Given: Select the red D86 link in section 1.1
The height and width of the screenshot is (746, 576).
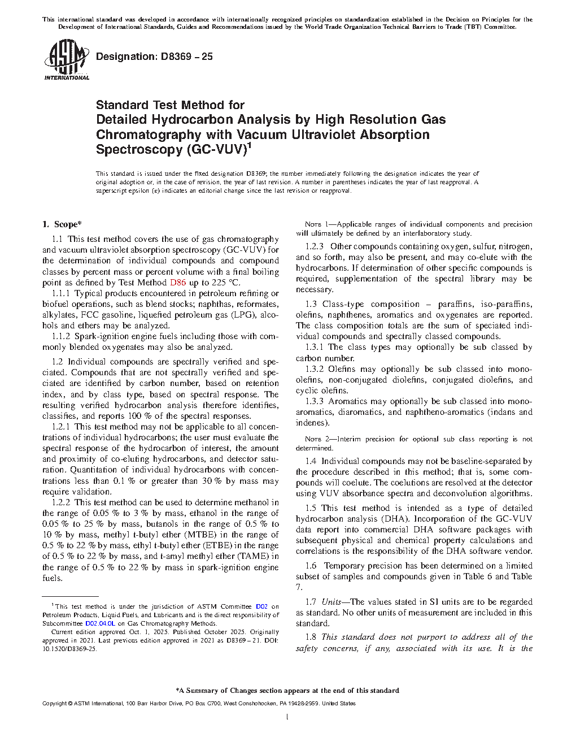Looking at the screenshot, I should (177, 283).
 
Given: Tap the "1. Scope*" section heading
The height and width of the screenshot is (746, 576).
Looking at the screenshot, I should (62, 224).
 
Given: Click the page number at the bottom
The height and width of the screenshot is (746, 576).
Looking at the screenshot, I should (287, 717).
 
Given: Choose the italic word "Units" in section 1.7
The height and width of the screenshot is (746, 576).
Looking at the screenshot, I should (331, 602).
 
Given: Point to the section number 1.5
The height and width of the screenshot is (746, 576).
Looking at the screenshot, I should (311, 508).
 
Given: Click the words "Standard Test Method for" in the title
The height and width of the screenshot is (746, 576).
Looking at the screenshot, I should (170, 105).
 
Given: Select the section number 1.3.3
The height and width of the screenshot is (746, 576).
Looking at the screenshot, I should (315, 401).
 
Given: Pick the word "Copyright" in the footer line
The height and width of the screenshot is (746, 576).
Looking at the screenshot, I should (54, 704).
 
